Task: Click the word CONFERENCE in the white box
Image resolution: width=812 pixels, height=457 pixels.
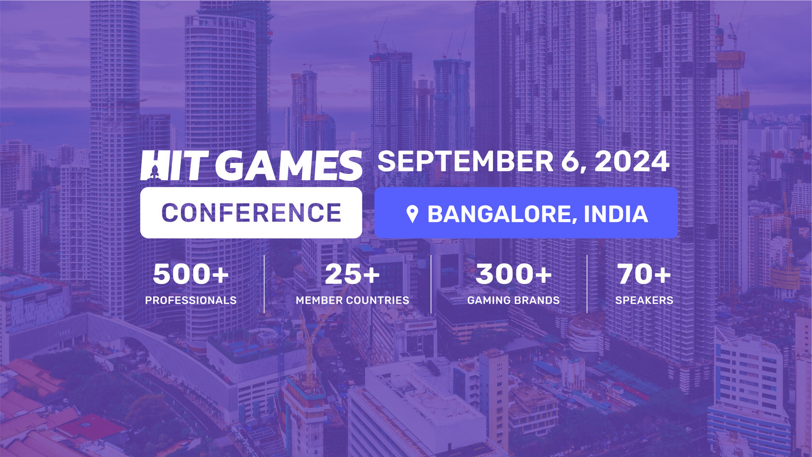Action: pos(251,213)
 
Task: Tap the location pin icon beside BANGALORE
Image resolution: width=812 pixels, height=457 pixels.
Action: pos(412,214)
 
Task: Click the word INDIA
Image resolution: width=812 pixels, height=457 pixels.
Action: pos(616,214)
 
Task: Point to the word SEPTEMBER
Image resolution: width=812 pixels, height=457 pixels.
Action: pos(465,161)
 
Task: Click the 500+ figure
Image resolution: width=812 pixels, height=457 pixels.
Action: pos(190,274)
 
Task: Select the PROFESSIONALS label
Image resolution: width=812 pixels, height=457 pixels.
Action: pos(190,300)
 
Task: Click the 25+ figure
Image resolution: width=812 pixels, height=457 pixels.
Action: pos(352,274)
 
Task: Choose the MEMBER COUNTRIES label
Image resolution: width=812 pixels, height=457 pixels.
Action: pos(352,300)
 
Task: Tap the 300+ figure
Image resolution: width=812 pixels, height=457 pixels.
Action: pos(513,274)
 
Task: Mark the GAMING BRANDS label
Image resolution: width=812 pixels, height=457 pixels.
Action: pos(513,300)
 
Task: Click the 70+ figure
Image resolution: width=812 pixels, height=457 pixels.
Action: pos(644,274)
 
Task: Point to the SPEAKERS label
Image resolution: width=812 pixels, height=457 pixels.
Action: pos(644,300)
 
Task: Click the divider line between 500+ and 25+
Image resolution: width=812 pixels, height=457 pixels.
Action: pos(264,284)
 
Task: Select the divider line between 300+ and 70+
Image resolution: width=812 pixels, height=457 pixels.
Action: pos(587,284)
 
